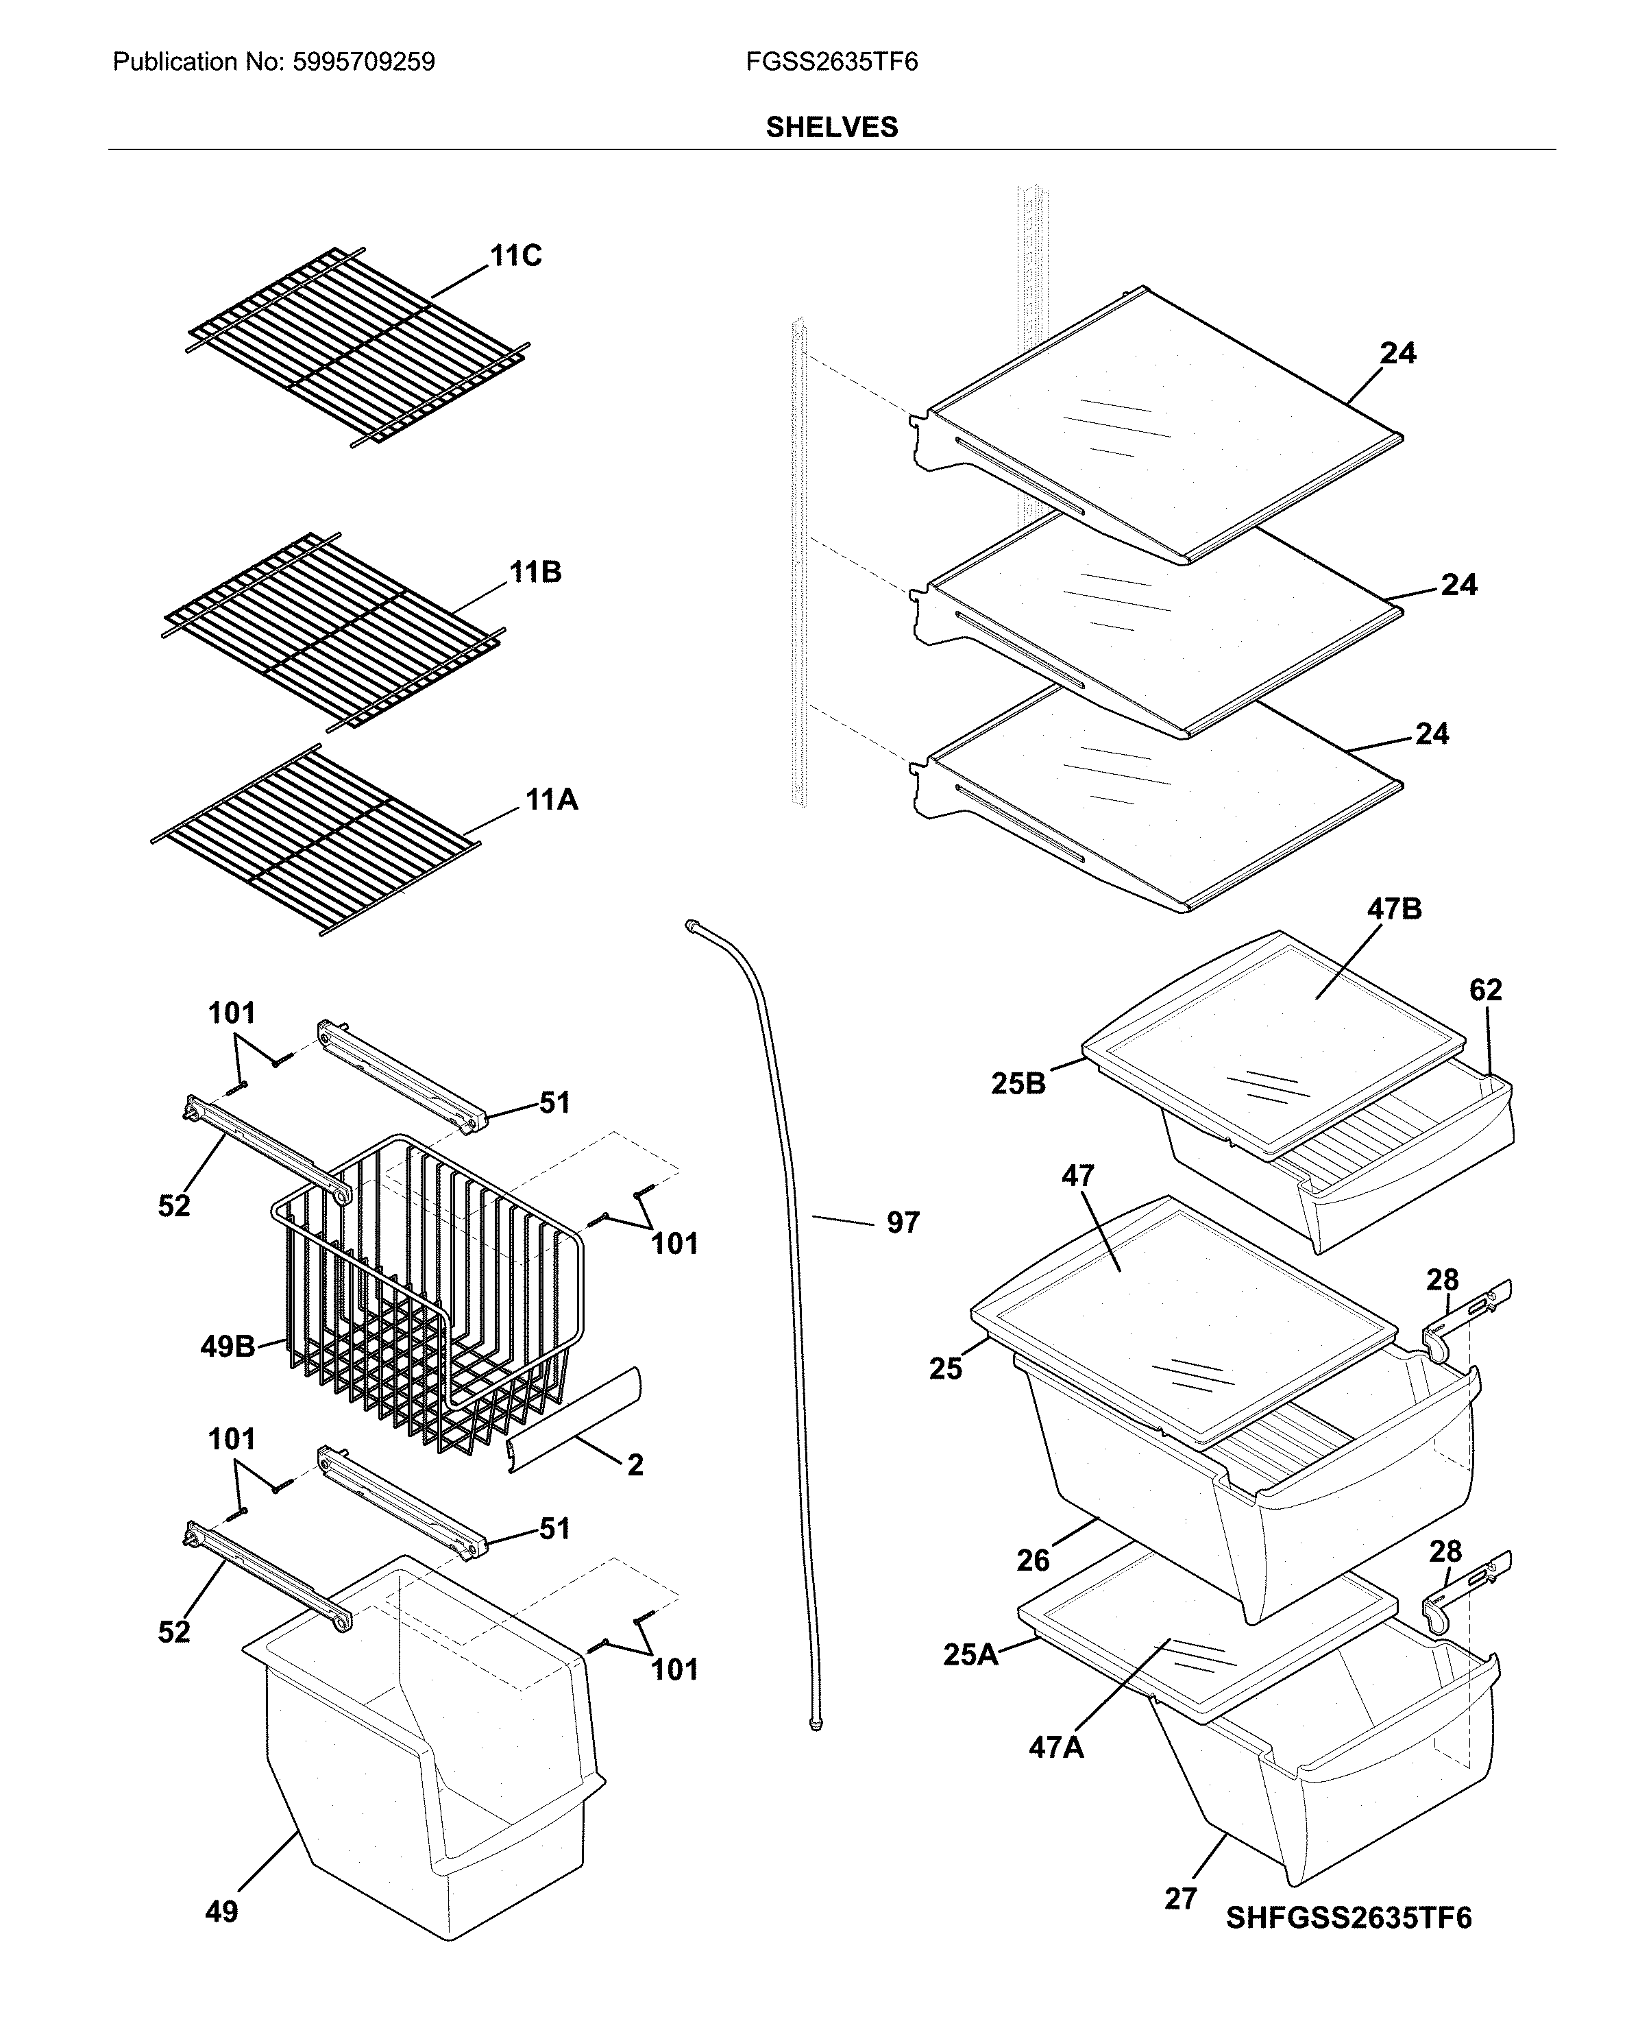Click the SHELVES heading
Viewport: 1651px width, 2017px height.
pos(831,128)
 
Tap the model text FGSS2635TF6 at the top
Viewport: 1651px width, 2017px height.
pos(831,63)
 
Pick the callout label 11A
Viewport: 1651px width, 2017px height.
pos(552,800)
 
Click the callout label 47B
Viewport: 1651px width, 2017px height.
pos(1394,910)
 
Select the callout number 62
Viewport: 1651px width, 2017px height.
pos(1486,991)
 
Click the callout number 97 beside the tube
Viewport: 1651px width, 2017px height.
pos(903,1222)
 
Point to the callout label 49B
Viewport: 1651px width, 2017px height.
pos(228,1346)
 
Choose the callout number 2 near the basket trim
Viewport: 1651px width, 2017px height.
pos(635,1464)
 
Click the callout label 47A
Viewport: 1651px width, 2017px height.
pos(1055,1748)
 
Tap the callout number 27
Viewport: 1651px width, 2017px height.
pos(1180,1898)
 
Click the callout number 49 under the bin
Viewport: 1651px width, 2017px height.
pos(221,1911)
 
